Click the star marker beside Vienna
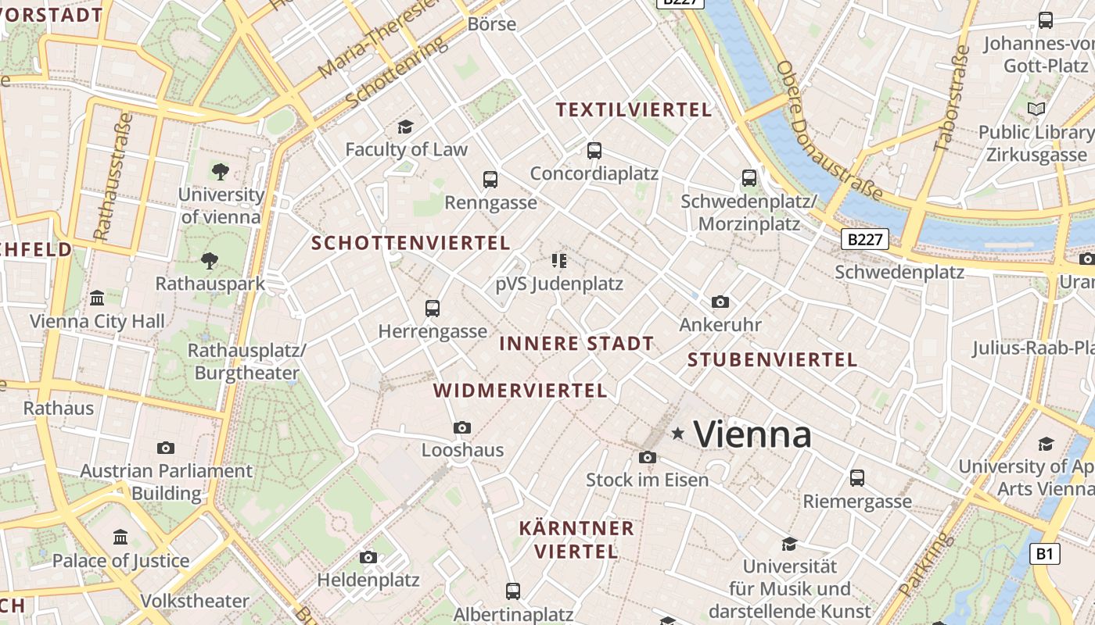click(677, 433)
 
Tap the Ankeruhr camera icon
click(720, 302)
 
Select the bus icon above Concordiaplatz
click(594, 150)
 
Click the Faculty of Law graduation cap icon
click(405, 127)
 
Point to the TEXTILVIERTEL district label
click(634, 109)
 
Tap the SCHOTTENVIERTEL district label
click(411, 243)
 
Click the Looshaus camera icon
click(462, 427)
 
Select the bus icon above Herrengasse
click(433, 308)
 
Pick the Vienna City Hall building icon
click(97, 298)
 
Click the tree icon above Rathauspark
click(209, 260)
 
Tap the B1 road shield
click(1044, 554)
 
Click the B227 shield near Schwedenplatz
click(865, 239)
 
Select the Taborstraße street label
click(951, 98)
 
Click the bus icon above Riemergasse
click(857, 477)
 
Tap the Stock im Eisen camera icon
click(647, 457)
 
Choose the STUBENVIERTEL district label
click(772, 360)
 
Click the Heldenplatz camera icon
click(368, 557)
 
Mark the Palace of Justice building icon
click(120, 537)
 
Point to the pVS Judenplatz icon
click(558, 260)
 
